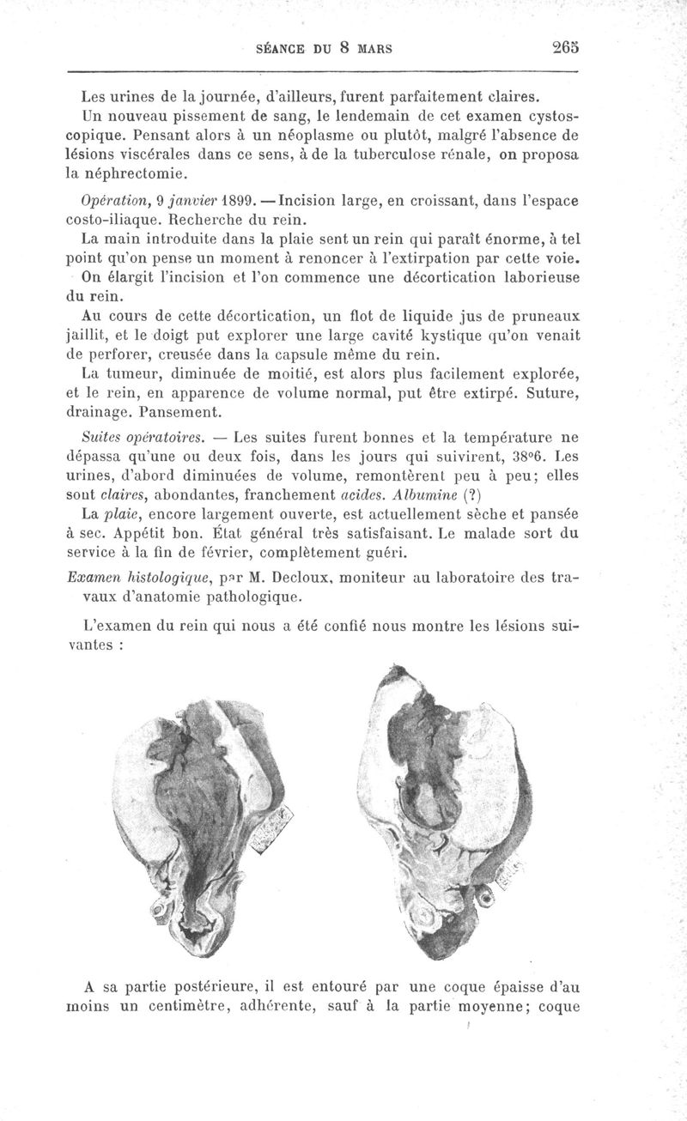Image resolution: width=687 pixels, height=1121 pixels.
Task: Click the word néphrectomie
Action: coord(133,173)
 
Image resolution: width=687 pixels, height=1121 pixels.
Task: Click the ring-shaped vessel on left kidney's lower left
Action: coord(161,908)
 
